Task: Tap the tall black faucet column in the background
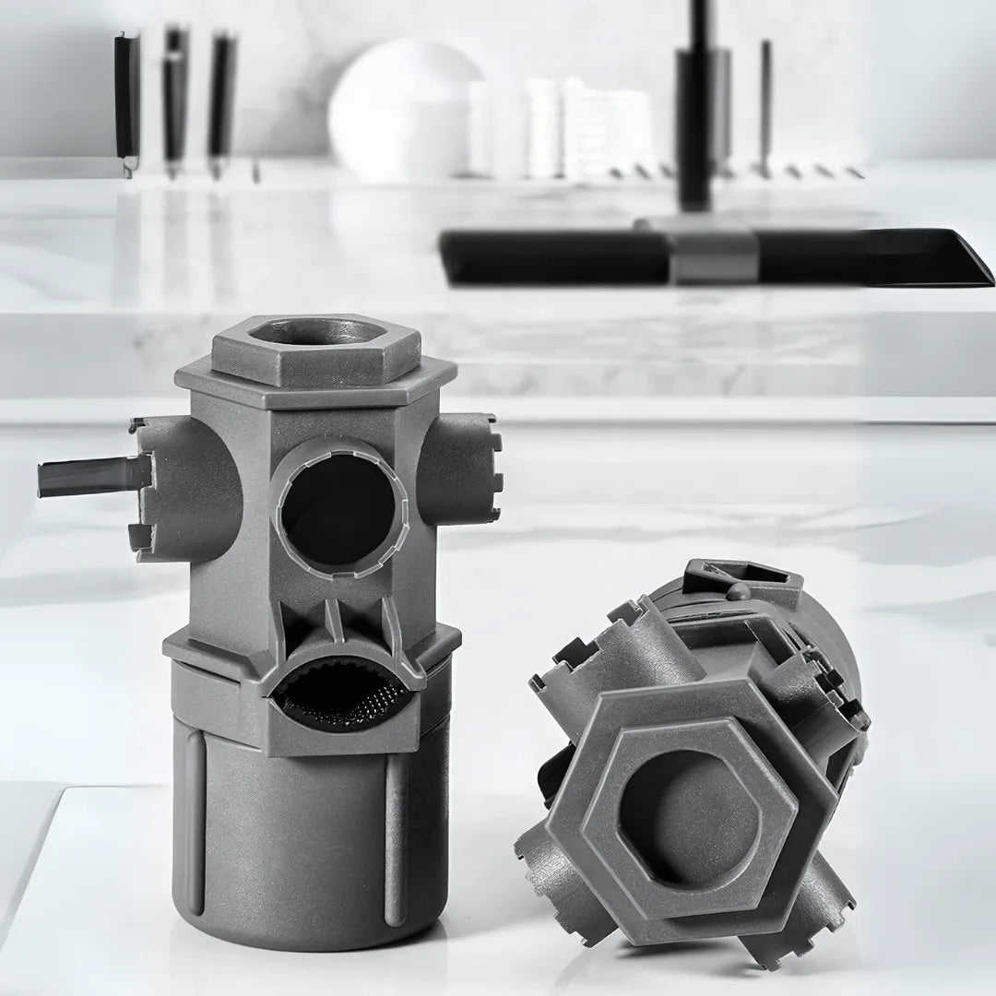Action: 697,111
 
